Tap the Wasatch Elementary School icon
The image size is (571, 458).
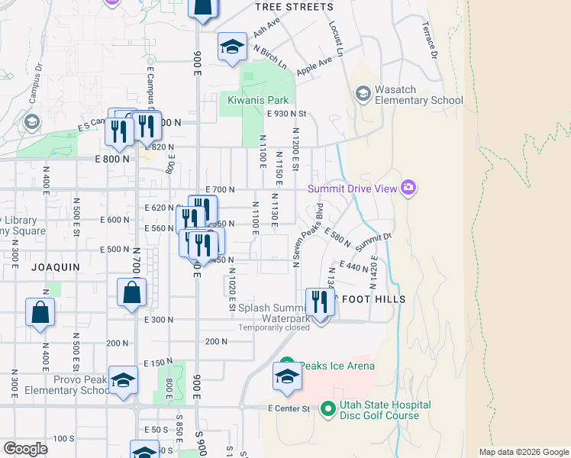(363, 94)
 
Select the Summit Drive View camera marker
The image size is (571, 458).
(408, 187)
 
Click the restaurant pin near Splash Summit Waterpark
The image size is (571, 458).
(319, 302)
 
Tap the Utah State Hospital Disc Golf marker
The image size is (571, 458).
(328, 410)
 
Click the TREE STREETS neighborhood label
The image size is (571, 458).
(294, 7)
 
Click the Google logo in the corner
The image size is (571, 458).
(24, 449)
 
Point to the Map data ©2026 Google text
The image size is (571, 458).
(523, 452)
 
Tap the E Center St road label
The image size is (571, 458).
(289, 409)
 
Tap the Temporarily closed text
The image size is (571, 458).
(273, 327)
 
